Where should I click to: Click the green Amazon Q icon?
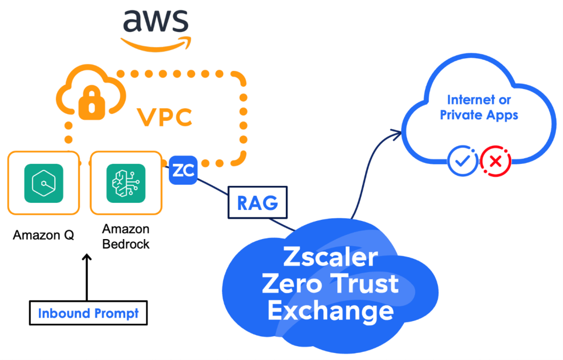tap(44, 183)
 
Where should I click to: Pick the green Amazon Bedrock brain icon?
tap(126, 183)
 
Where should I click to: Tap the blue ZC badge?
tap(183, 171)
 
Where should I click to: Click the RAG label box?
tap(258, 203)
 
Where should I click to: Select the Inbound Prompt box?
tap(88, 314)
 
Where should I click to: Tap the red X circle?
tap(495, 161)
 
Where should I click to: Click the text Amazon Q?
tap(43, 235)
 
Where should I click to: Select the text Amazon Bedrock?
tap(126, 237)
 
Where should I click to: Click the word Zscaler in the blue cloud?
tap(330, 257)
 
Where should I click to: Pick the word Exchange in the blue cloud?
tap(330, 311)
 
